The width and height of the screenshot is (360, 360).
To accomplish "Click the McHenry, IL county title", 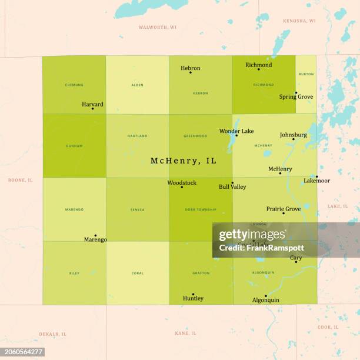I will click(x=183, y=161).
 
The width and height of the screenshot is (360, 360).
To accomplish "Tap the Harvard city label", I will click(x=92, y=105).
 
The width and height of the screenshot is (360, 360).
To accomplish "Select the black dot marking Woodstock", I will click(x=182, y=187).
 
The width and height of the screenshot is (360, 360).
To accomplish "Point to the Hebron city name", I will click(x=190, y=68).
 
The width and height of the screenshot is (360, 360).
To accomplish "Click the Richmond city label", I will click(x=258, y=65).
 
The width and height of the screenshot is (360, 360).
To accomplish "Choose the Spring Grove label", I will click(x=296, y=96).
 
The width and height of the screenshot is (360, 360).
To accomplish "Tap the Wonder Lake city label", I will click(x=236, y=131).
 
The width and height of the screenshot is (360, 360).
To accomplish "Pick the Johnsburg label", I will click(x=293, y=135).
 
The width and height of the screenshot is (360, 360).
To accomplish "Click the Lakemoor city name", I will click(x=316, y=181).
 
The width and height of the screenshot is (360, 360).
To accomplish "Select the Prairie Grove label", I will click(x=283, y=209).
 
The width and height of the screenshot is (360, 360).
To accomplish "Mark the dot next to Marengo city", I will click(x=95, y=235).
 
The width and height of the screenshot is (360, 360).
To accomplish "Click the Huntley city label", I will click(x=193, y=298).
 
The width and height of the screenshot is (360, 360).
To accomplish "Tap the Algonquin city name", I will click(x=265, y=300).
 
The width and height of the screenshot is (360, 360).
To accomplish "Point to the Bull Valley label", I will click(x=232, y=187).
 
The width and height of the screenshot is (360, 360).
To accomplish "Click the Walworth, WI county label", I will click(x=157, y=28).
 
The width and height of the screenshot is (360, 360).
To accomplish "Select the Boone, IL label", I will click(x=21, y=180).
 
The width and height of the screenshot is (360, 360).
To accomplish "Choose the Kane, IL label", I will click(x=186, y=333).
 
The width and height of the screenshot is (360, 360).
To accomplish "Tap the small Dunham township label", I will click(x=74, y=145).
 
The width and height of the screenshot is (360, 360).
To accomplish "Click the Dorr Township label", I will click(x=201, y=209).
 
